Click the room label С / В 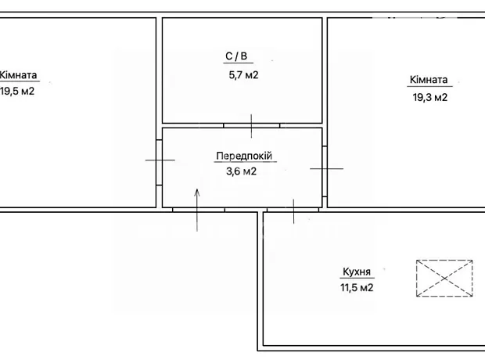pyautogui.click(x=236, y=56)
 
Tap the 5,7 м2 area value pyautogui.click(x=243, y=75)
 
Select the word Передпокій pyautogui.click(x=244, y=156)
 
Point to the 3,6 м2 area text pyautogui.click(x=241, y=171)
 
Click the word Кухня pyautogui.click(x=357, y=272)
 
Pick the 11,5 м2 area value pyautogui.click(x=357, y=287)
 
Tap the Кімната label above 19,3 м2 pyautogui.click(x=429, y=80)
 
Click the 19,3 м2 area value pyautogui.click(x=430, y=98)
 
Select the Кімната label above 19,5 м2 pyautogui.click(x=18, y=75)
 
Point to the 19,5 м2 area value pyautogui.click(x=17, y=92)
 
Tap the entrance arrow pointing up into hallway pyautogui.click(x=197, y=210)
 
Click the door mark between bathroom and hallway pyautogui.click(x=251, y=126)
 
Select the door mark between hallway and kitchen pyautogui.click(x=293, y=211)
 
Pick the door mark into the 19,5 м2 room pyautogui.click(x=160, y=160)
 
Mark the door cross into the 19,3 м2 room pyautogui.click(x=327, y=169)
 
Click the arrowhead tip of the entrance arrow pyautogui.click(x=197, y=189)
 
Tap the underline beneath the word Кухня pyautogui.click(x=357, y=278)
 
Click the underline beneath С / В pyautogui.click(x=238, y=63)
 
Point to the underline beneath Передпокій pyautogui.click(x=246, y=161)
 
